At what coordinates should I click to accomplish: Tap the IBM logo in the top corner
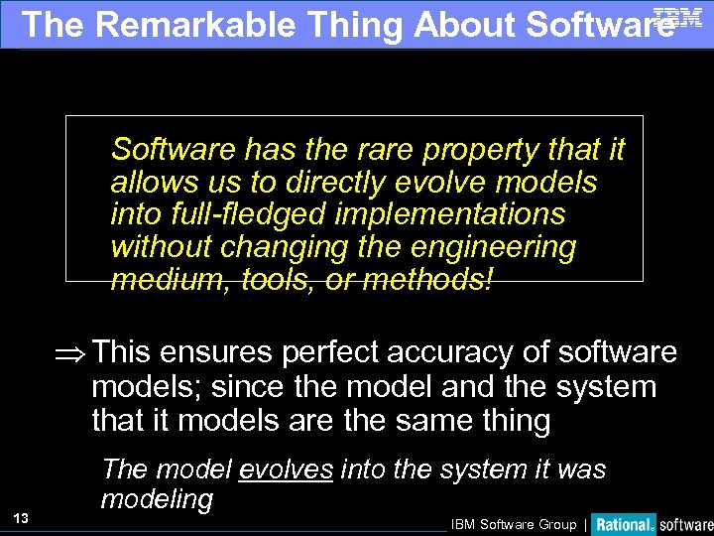(678, 16)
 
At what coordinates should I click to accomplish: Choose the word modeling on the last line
(157, 499)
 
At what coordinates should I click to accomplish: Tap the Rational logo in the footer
(624, 524)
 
